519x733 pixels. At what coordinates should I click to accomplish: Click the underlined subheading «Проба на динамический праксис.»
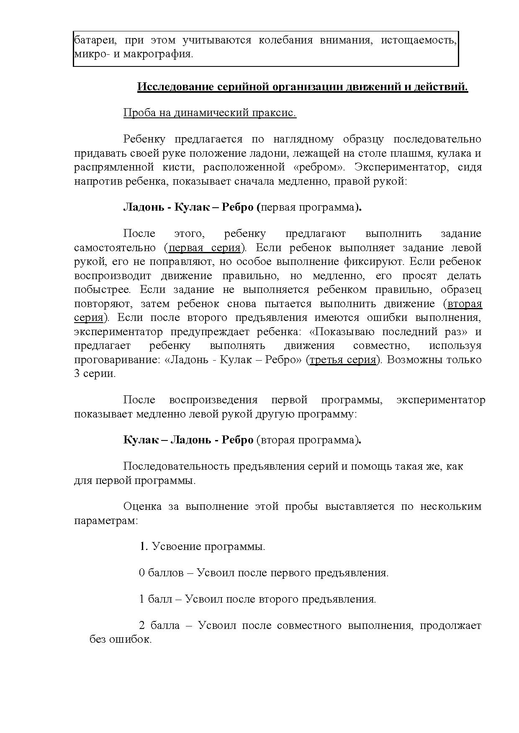pos(210,113)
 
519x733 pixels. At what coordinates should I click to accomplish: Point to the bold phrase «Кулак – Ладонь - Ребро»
pos(188,440)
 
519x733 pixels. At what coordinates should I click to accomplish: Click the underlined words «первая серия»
pos(204,248)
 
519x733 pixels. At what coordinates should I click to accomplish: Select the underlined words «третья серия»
pos(343,359)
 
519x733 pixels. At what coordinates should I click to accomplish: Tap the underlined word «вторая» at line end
pos(465,304)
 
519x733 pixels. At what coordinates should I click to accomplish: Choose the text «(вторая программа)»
pos(308,440)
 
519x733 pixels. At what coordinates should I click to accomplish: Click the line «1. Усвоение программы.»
pos(202,546)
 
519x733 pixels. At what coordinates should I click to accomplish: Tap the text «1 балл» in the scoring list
pos(155,599)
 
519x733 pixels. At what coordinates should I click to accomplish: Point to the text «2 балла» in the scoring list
pos(159,626)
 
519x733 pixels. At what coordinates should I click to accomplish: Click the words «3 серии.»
pos(95,374)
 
